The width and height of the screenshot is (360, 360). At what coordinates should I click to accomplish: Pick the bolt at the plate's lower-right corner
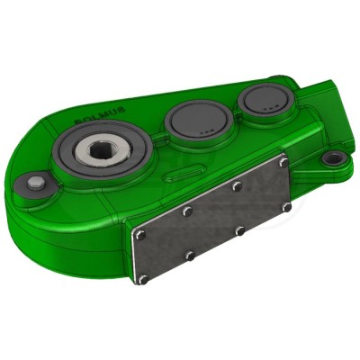click(x=286, y=208)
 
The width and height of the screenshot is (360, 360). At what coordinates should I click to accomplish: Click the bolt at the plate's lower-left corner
click(x=142, y=279)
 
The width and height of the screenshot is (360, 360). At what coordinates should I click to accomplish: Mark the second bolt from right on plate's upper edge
click(x=237, y=186)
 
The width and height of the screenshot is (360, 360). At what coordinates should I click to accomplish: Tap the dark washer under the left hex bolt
click(x=36, y=189)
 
